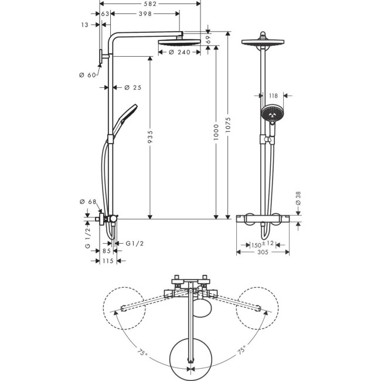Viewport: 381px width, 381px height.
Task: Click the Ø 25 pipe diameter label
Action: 133,87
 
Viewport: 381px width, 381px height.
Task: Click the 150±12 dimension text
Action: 256,244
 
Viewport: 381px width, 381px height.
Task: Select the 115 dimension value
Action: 106,261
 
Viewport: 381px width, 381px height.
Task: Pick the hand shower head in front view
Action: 271,113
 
